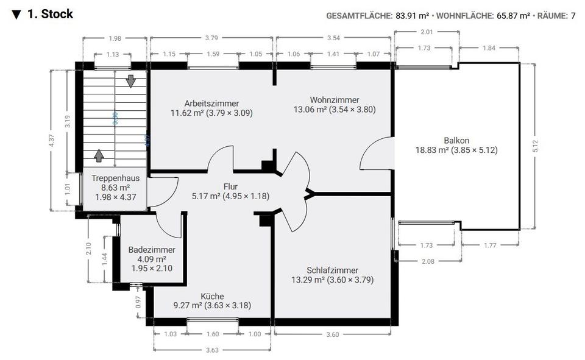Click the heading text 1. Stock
50,14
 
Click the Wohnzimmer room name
335,100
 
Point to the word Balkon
456,139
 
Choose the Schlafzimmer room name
332,270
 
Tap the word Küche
212,296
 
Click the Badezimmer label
152,250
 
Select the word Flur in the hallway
230,186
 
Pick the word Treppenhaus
115,178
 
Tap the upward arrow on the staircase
99,155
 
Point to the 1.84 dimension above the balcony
489,48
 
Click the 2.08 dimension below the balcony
428,261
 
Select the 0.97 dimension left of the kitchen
138,301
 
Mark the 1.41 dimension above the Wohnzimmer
333,54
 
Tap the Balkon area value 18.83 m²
432,150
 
